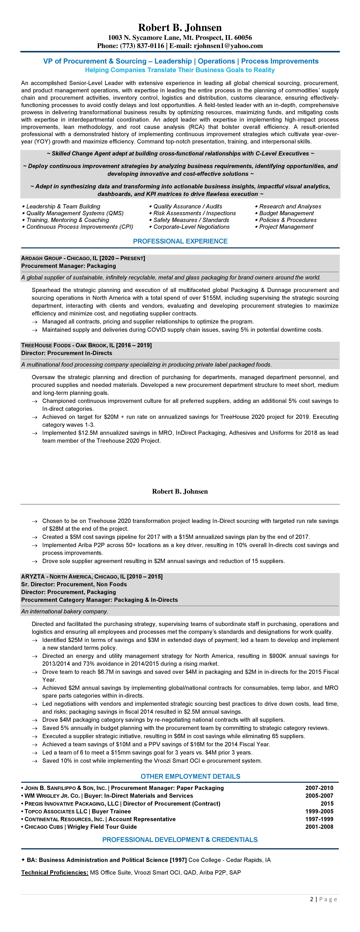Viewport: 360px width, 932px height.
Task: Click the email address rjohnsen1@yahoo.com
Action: pyautogui.click(x=228, y=46)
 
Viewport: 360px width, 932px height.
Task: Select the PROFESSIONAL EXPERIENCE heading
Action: pyautogui.click(x=180, y=241)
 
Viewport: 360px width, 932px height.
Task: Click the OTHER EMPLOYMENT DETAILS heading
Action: pyautogui.click(x=190, y=776)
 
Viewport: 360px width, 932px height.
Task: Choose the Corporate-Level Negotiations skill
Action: pyautogui.click(x=191, y=227)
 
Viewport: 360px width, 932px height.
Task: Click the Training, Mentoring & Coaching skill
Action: pyautogui.click(x=68, y=220)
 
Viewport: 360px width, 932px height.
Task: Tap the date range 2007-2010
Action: pyautogui.click(x=319, y=788)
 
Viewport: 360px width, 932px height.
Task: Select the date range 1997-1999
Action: pyautogui.click(x=319, y=819)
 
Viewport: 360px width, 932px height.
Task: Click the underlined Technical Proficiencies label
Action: pyautogui.click(x=55, y=873)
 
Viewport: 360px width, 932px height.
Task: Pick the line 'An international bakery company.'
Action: pyautogui.click(x=64, y=611)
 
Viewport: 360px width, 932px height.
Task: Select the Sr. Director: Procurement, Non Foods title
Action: pyautogui.click(x=74, y=584)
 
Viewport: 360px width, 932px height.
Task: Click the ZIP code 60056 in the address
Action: pyautogui.click(x=243, y=38)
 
